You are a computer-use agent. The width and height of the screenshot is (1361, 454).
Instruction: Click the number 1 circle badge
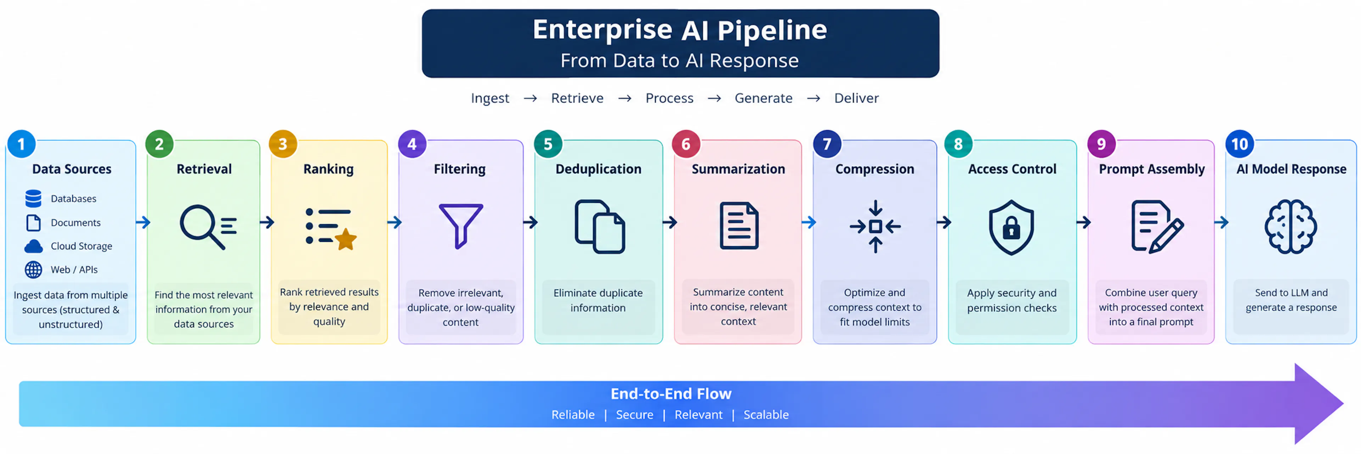22,144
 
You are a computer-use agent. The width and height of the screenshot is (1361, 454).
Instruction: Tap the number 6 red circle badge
686,144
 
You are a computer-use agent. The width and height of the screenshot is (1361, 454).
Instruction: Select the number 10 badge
1239,144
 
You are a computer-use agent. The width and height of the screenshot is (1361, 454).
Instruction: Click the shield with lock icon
1011,227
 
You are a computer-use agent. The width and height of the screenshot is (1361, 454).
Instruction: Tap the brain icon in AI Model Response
1291,227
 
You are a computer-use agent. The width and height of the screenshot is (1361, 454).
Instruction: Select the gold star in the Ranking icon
346,239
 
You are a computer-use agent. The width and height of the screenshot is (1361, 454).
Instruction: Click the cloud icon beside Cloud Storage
33,246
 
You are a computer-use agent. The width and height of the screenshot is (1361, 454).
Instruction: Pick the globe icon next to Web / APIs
33,270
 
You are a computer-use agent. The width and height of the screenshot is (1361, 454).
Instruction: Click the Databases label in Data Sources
73,199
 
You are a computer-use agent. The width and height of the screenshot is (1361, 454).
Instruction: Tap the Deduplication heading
598,169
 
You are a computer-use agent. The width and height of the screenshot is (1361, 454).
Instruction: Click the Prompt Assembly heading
1152,169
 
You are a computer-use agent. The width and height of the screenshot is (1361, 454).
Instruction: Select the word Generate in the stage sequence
763,98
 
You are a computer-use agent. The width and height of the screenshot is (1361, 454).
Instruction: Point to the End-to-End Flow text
671,394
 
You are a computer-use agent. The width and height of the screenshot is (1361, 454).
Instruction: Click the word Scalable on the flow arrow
766,415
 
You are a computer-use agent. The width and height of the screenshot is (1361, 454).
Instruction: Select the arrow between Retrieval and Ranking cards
267,222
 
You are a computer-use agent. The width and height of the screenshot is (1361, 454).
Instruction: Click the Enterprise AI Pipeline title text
680,29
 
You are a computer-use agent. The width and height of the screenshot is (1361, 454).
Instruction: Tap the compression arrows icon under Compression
875,227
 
